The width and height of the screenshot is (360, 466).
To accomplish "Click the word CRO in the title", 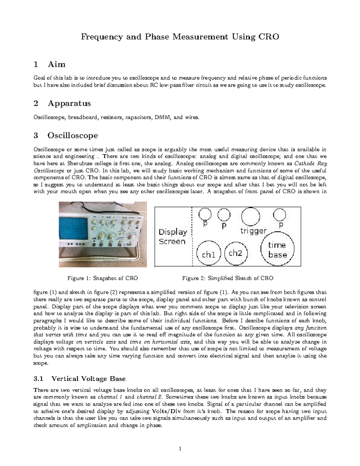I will pos(268,37).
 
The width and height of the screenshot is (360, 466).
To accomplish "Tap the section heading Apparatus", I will pos(69,104).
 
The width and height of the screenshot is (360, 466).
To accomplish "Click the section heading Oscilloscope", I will pos(73,135).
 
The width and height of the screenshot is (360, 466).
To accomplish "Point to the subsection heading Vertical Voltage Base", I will pos(88,379).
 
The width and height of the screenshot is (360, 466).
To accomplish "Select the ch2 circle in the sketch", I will pos(235,254).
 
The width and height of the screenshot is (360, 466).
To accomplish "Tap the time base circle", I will pos(277,250).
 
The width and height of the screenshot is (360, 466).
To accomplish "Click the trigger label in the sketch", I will pos(253,231).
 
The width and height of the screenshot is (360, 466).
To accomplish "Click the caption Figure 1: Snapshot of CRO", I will pos(103,278).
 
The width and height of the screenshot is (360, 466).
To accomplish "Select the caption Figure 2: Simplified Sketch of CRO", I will pos(228,278).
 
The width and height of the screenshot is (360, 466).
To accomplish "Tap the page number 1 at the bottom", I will pos(180,449).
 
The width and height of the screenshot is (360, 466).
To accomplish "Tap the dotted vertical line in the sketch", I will pos(192,237).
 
